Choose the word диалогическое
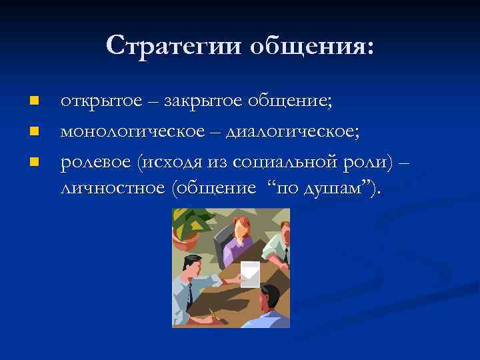click(293, 130)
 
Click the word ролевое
click(95, 159)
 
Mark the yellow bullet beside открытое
click(34, 101)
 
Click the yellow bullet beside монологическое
click(34, 130)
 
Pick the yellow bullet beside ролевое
click(34, 159)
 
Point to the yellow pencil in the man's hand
click(213, 313)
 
